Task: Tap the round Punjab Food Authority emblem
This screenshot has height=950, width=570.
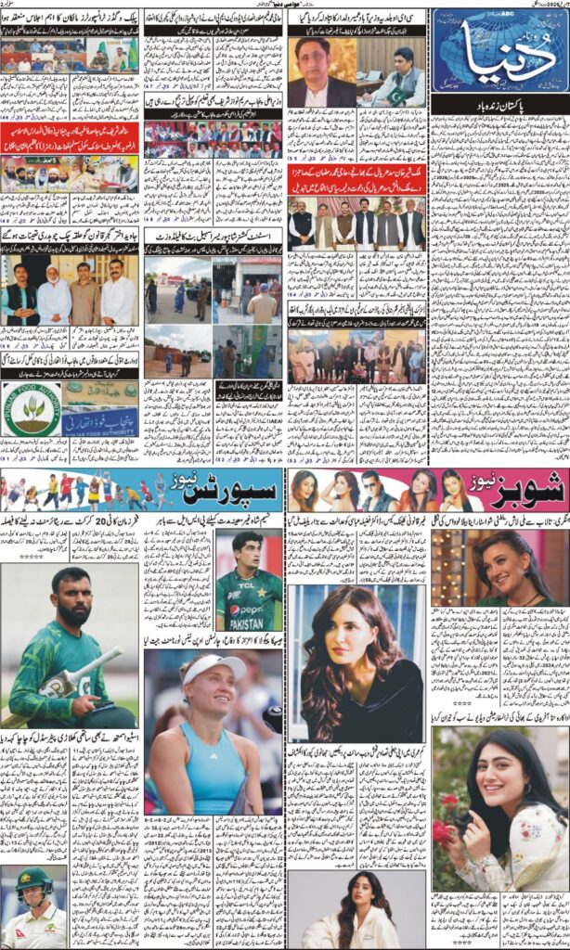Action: point(31,409)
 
